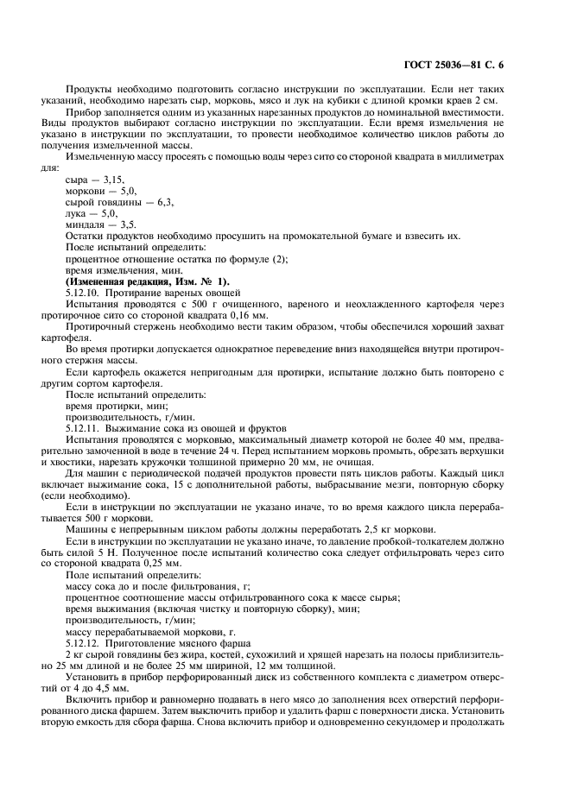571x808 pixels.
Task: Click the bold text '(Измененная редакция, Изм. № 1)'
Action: click(x=139, y=281)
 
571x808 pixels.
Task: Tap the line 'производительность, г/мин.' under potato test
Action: click(x=124, y=416)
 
